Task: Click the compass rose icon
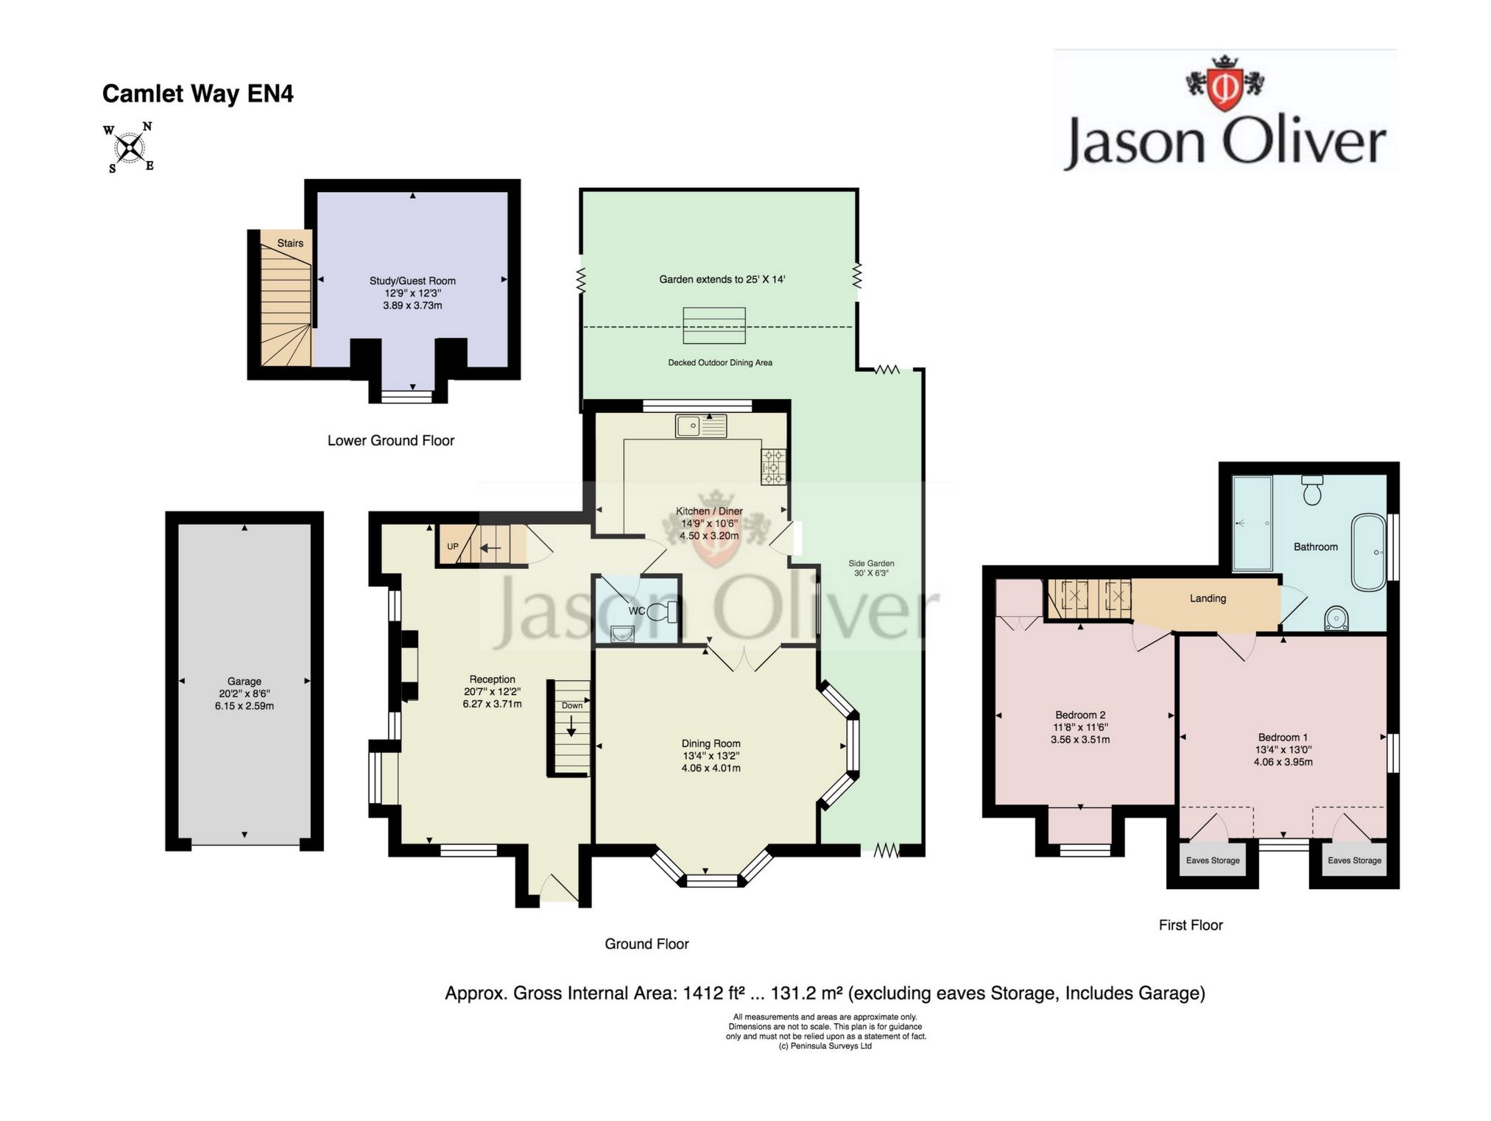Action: click(130, 148)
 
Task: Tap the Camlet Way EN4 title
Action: click(197, 94)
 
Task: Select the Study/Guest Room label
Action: click(412, 280)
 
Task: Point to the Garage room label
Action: click(244, 682)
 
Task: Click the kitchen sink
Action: click(701, 425)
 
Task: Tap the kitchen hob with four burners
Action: click(773, 467)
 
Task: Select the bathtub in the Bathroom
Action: click(1369, 552)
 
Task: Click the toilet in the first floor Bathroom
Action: click(1312, 490)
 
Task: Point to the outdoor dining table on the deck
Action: click(713, 325)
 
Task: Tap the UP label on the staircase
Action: click(453, 546)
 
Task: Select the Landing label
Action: click(1208, 598)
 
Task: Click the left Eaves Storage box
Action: click(1213, 859)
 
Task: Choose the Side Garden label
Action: click(871, 563)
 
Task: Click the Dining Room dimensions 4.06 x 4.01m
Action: click(711, 768)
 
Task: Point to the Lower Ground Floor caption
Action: click(391, 440)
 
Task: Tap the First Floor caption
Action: click(1191, 925)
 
